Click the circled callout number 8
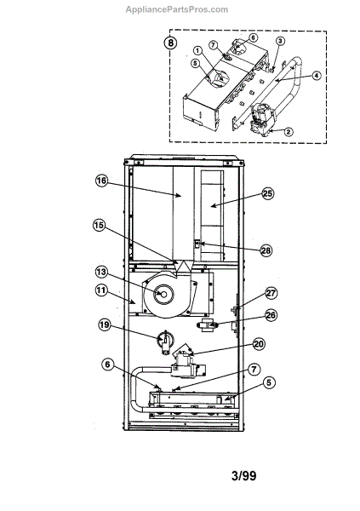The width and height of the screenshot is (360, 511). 170,43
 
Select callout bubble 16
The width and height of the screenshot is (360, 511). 101,181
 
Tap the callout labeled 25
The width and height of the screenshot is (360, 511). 267,193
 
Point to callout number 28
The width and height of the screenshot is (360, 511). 266,250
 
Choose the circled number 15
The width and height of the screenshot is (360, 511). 99,225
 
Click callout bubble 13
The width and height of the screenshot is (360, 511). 101,272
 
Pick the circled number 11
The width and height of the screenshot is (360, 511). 101,290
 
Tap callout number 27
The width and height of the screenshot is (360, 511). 271,293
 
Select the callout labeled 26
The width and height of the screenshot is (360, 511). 271,315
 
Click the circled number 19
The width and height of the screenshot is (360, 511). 104,324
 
